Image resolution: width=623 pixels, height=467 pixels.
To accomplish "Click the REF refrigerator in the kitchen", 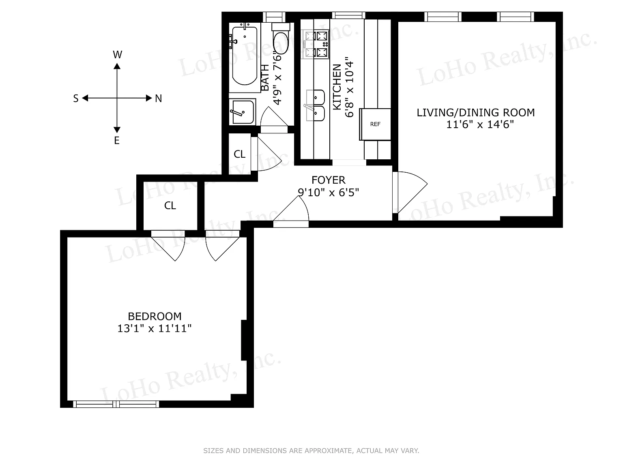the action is [x=375, y=124].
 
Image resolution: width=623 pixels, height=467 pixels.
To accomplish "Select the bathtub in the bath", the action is [x=245, y=56].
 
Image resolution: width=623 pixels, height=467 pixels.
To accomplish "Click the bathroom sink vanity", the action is [x=243, y=112].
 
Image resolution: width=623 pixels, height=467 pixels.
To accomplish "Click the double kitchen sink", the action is [x=315, y=105].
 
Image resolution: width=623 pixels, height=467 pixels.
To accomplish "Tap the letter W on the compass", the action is [x=118, y=54].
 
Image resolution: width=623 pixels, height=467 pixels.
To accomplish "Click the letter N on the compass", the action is [x=158, y=99].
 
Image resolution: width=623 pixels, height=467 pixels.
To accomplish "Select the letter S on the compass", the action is [x=76, y=99].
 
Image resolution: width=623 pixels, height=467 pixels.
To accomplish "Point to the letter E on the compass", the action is [x=117, y=140].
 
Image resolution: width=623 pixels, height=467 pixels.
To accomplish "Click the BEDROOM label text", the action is [x=155, y=316].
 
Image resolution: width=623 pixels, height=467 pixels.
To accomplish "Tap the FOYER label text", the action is [x=329, y=180].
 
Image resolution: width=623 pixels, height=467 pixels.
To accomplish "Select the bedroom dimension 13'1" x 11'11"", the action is [x=155, y=329].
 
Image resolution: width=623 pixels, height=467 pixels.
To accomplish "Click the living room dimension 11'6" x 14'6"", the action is [x=480, y=124].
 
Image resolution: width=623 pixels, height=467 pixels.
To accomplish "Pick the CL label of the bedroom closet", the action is [x=170, y=206].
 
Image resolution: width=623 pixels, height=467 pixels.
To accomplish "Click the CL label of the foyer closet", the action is [x=240, y=154].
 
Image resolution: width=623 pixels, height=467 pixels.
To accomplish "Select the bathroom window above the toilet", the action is [x=274, y=17].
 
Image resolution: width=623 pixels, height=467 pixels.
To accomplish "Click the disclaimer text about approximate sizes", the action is [x=311, y=451].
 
